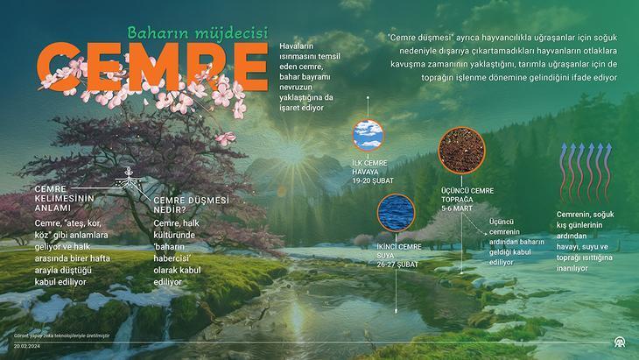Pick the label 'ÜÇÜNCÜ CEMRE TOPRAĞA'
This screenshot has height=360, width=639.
click(467, 195)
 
